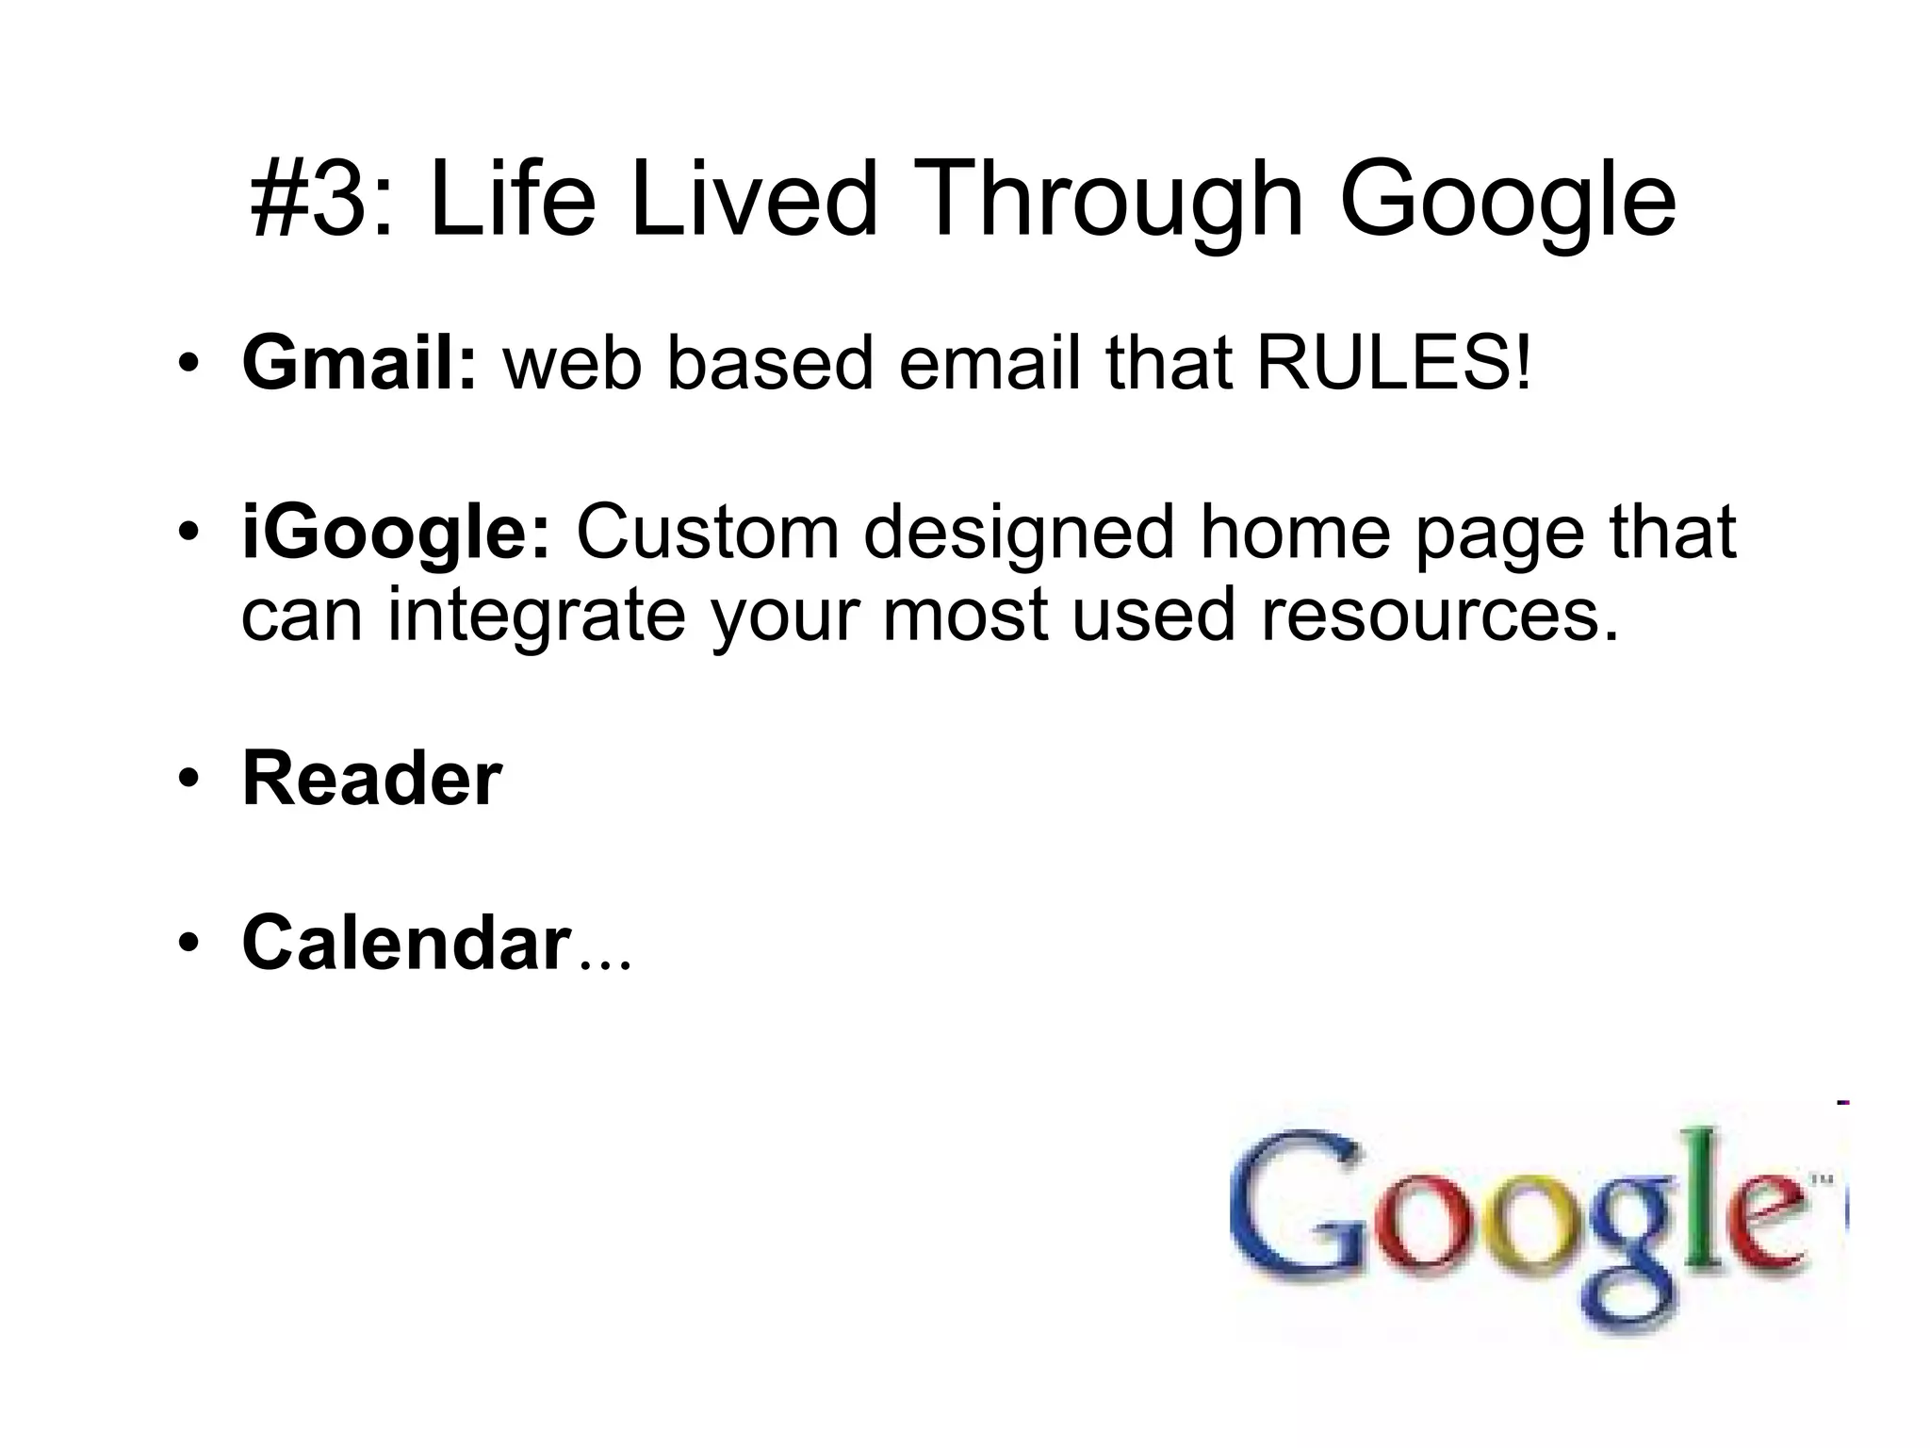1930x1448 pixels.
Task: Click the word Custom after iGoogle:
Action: [707, 533]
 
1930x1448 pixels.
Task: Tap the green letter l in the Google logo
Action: [1721, 1197]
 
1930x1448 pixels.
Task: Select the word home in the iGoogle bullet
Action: [1295, 533]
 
